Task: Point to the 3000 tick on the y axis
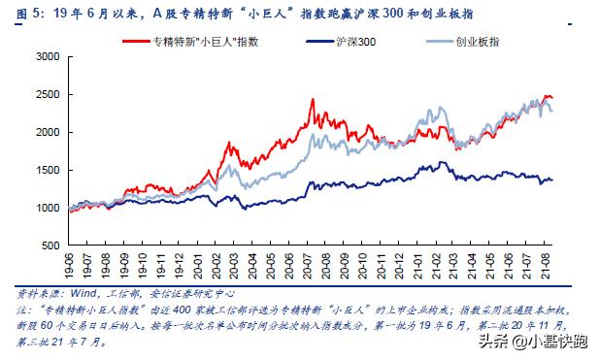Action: click(x=48, y=56)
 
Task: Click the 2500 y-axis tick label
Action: click(x=48, y=94)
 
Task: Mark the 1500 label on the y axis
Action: click(x=48, y=170)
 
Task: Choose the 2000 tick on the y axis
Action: click(x=48, y=132)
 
